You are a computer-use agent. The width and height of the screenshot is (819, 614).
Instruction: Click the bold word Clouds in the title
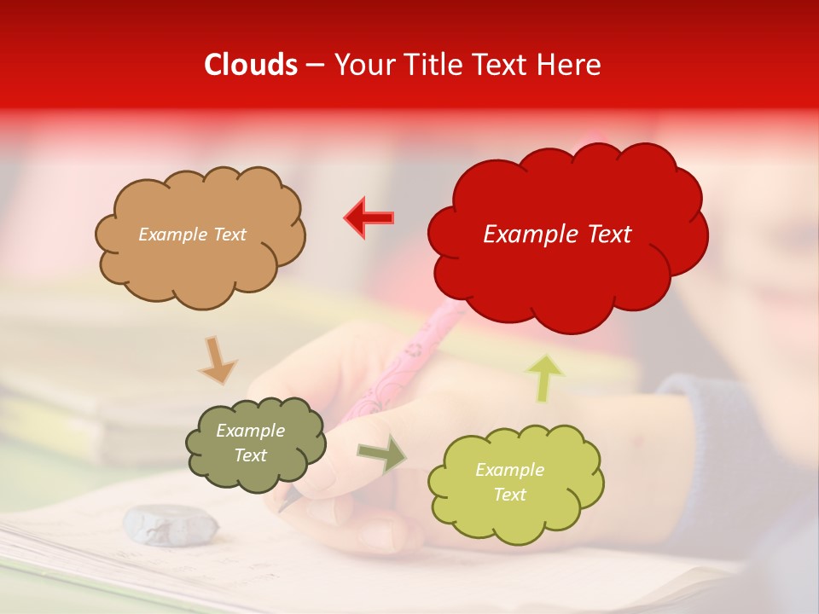pyautogui.click(x=251, y=65)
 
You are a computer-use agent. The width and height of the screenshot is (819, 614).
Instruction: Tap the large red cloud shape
pyautogui.click(x=567, y=273)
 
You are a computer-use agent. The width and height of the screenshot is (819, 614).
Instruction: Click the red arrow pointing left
pyautogui.click(x=369, y=217)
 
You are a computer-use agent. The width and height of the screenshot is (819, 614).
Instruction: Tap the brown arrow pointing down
pyautogui.click(x=218, y=360)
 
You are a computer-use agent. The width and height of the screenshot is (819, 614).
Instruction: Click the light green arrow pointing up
pyautogui.click(x=546, y=377)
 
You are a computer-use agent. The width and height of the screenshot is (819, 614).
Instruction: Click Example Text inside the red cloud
pyautogui.click(x=557, y=235)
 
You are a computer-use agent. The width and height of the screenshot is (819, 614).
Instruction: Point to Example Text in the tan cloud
pyautogui.click(x=192, y=235)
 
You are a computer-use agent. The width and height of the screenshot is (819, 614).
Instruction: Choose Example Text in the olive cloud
pyautogui.click(x=250, y=443)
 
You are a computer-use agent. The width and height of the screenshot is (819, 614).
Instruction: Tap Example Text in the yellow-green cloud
pyautogui.click(x=509, y=482)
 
